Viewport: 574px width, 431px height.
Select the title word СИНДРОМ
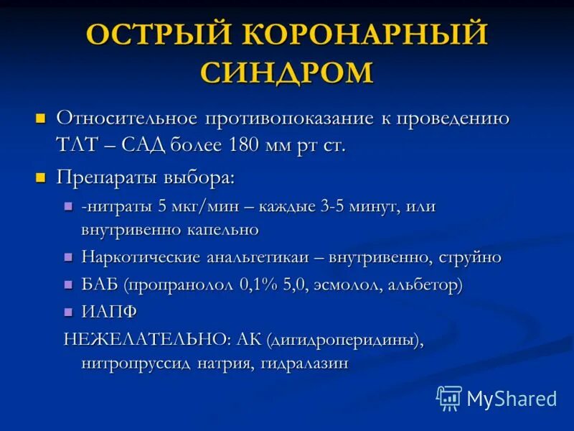[287, 73]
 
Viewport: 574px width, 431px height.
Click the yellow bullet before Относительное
[41, 117]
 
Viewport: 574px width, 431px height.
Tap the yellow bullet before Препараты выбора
[41, 176]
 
